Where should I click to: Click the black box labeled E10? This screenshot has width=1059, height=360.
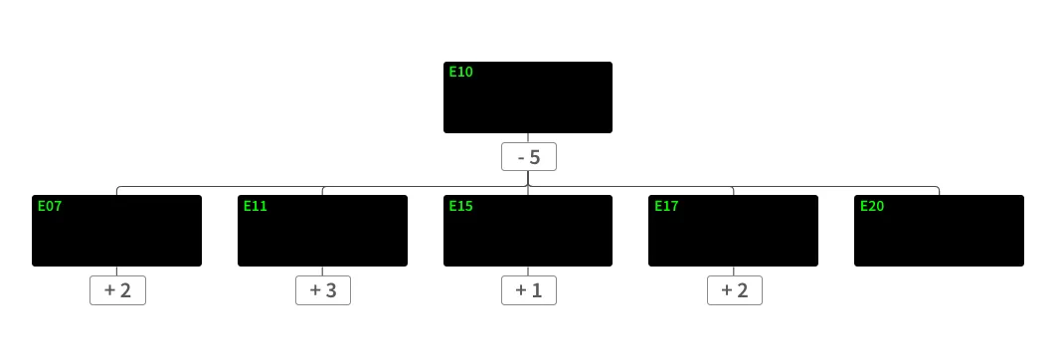click(x=527, y=97)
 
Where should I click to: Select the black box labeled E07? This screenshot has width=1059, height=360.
click(x=116, y=231)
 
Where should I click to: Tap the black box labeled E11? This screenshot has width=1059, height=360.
click(x=322, y=231)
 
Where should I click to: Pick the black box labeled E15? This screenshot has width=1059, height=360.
click(x=527, y=231)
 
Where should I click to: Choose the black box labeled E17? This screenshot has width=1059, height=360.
click(x=733, y=231)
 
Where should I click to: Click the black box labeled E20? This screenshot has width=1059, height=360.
click(x=939, y=231)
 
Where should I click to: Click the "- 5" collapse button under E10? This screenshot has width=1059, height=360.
click(x=528, y=157)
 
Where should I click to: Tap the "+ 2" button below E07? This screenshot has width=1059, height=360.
click(x=117, y=290)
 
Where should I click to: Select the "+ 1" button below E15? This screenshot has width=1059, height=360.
click(x=528, y=290)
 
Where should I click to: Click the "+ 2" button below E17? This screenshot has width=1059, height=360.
click(x=734, y=290)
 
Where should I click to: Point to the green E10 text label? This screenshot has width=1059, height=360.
click(x=460, y=72)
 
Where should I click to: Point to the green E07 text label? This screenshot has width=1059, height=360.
click(x=50, y=206)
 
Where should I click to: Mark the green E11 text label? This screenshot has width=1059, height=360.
click(x=256, y=206)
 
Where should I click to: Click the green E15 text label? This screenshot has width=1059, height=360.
click(x=460, y=206)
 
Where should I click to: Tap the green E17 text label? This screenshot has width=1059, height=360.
click(x=666, y=206)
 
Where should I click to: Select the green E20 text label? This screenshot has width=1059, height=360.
click(x=872, y=206)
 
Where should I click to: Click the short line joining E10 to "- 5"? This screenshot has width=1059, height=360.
click(x=528, y=138)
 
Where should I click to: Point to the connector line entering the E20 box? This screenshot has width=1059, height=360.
click(x=939, y=190)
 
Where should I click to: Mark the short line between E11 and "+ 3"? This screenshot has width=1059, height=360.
click(x=322, y=271)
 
